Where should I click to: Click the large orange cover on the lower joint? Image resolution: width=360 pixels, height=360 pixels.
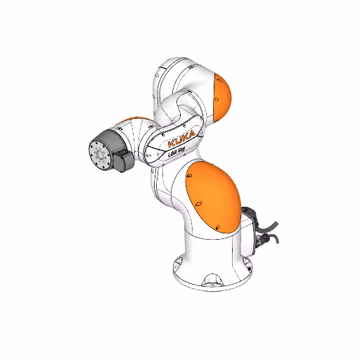coord(214,198)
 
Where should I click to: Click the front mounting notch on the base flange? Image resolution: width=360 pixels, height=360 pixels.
coord(210,284)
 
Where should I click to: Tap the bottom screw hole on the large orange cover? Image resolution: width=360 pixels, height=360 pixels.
coord(219,228)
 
